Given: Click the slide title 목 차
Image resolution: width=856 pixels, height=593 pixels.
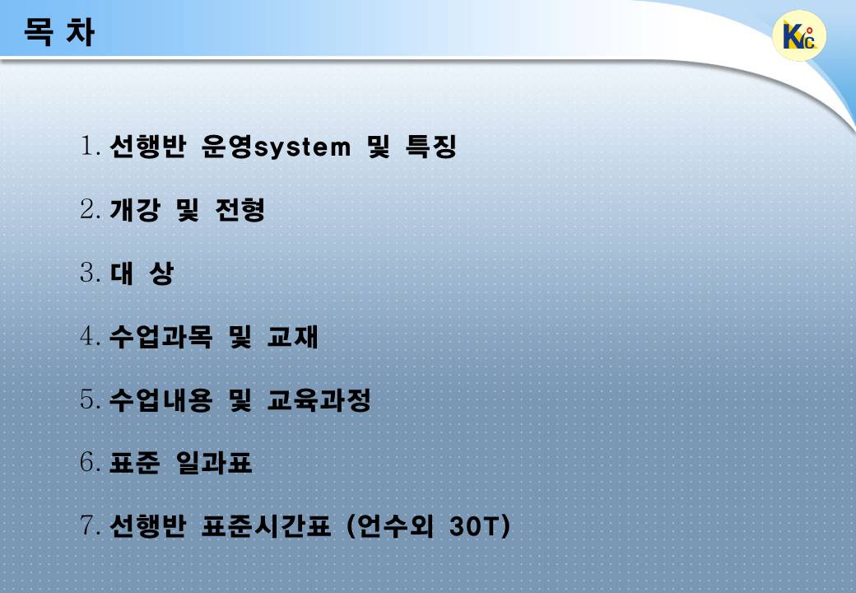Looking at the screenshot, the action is (x=59, y=32).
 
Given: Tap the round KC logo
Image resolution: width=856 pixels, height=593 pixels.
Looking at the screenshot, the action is (x=799, y=35).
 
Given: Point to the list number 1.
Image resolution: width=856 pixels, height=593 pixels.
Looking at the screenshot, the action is (x=90, y=146).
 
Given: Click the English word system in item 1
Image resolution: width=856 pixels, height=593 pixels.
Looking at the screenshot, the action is (x=302, y=148).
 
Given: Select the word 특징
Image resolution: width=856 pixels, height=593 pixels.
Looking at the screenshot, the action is (x=430, y=146).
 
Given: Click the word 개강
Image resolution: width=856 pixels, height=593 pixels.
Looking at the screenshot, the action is (x=135, y=210).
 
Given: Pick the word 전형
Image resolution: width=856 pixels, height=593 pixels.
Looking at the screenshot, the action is (x=240, y=210).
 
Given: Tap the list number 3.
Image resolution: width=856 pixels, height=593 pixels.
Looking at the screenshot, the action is (x=90, y=273).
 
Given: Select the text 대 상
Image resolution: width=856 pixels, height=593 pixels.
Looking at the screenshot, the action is (x=142, y=273).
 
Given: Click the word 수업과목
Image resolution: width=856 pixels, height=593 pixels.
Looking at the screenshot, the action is (x=160, y=336).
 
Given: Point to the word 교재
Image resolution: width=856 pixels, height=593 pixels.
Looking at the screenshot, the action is (x=293, y=336).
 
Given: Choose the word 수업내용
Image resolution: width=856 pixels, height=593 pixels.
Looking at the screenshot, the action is (x=160, y=399).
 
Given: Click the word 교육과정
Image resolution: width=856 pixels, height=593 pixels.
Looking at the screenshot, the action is (x=319, y=399).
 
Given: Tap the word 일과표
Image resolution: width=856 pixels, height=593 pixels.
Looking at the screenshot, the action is (x=213, y=463).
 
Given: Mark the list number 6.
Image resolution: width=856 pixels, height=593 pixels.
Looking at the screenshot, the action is (x=90, y=463).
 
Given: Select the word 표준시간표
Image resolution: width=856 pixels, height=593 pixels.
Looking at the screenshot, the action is (x=266, y=526).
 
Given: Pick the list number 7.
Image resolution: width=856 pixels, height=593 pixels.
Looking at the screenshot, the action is (x=90, y=525).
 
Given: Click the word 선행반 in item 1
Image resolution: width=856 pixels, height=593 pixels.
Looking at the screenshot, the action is (x=148, y=146).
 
